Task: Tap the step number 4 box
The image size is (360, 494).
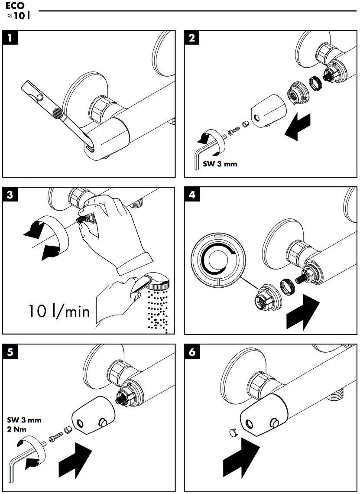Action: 192,195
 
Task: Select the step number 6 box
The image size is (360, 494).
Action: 192,352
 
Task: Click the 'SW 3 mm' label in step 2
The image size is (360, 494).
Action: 220,164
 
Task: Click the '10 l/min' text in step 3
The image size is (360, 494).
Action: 59,311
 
